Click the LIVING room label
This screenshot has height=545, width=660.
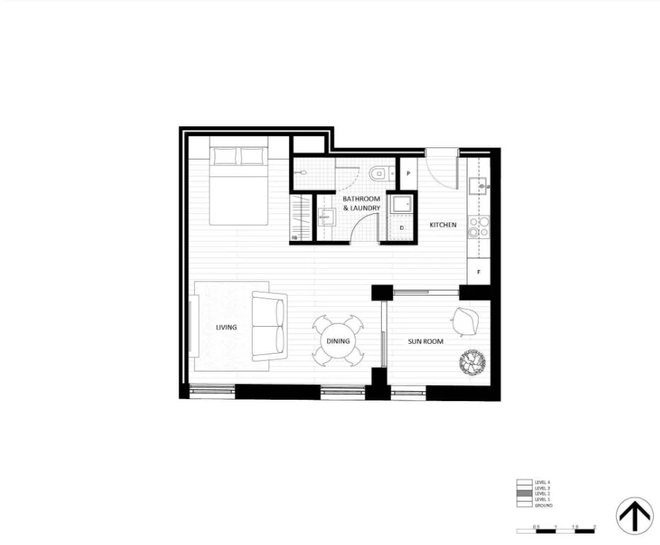point(227,327)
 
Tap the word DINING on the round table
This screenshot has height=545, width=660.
point(338,342)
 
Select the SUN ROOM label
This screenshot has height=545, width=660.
point(426,342)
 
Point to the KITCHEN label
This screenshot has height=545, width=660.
point(443,225)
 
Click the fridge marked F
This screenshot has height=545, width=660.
point(479,271)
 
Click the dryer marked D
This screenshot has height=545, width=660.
point(402,228)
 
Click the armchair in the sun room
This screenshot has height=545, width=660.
point(469,320)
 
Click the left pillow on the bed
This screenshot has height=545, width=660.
point(225,157)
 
